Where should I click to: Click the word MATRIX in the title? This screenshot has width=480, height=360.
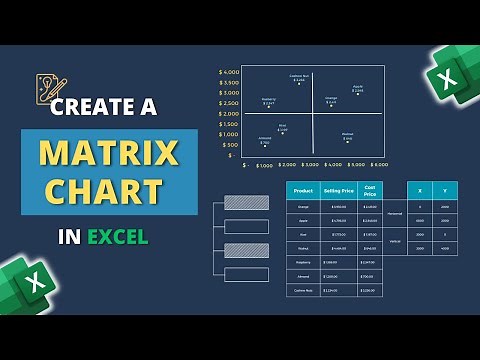pos(109,152)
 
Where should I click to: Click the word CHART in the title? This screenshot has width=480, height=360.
pos(109,190)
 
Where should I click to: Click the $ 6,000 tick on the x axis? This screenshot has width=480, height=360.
pos(378,164)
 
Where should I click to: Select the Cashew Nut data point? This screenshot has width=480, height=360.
pos(299,81)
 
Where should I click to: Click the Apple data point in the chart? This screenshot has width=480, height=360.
pos(358,91)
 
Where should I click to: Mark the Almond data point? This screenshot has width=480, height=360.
pos(265,144)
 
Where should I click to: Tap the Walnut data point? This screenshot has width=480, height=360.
pos(347,137)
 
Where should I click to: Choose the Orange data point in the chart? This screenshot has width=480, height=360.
pos(331,103)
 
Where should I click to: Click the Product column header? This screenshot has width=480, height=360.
pos(301,190)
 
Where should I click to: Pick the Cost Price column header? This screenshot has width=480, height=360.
pos(370,190)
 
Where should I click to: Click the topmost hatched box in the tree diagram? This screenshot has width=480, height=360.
pos(246,203)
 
